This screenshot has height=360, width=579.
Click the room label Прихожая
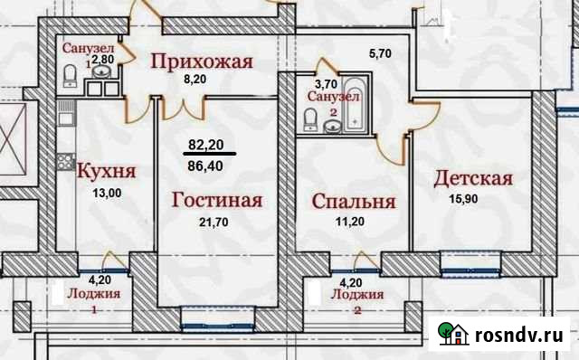click(201, 62)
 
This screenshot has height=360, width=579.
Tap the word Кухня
click(106, 171)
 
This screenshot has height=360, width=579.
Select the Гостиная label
click(217, 200)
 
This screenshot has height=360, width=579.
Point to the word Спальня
click(353, 201)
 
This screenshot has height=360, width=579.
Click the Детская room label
click(473, 178)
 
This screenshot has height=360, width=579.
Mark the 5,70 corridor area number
click(380, 52)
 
